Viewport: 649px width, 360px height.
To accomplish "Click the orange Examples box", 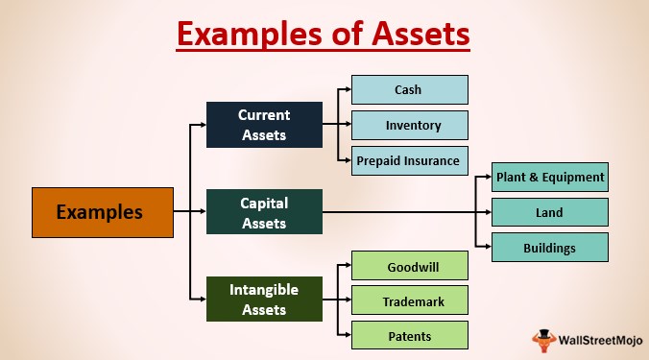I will (103, 212).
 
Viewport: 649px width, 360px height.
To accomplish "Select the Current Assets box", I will (264, 125).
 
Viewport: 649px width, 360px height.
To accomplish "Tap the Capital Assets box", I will (264, 212).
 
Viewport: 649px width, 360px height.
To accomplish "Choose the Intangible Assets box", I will (264, 299).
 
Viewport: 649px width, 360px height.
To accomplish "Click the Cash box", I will (409, 90).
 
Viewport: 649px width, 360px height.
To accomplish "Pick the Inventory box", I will (409, 125).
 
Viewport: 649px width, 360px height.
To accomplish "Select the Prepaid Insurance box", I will (409, 160).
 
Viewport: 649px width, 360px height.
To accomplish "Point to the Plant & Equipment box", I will (549, 178).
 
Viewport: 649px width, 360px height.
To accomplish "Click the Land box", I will (549, 212).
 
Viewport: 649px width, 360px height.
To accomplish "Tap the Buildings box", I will (549, 248).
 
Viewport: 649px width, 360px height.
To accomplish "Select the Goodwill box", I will (409, 266).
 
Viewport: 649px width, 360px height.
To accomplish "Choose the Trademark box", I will (409, 300).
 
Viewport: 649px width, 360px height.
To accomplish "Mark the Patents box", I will (409, 335).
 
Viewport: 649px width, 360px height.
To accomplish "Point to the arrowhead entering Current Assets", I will (202, 125).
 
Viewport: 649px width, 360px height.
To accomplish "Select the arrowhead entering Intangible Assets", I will (202, 299).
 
